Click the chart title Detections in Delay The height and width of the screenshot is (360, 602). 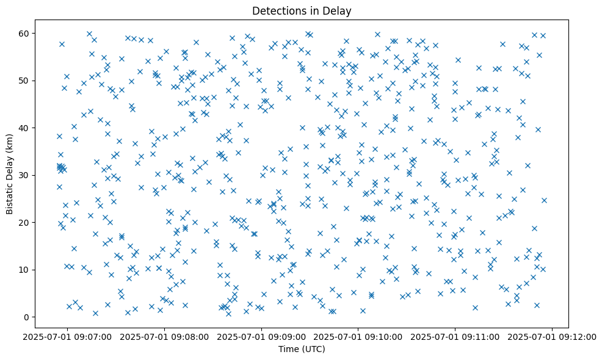pyautogui.click(x=301, y=11)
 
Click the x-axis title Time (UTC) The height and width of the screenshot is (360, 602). pyautogui.click(x=301, y=349)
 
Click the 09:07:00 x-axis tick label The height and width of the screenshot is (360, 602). pyautogui.click(x=68, y=336)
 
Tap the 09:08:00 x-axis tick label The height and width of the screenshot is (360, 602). pyautogui.click(x=165, y=336)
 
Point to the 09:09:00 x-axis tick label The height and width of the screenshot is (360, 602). pyautogui.click(x=262, y=336)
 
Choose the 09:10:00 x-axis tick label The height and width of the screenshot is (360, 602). pyautogui.click(x=358, y=336)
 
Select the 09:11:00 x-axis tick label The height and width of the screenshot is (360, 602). pyautogui.click(x=455, y=336)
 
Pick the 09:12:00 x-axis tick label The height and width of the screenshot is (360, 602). pyautogui.click(x=553, y=336)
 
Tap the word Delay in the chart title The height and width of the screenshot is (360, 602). pyautogui.click(x=339, y=11)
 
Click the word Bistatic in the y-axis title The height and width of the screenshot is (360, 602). pyautogui.click(x=10, y=194)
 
